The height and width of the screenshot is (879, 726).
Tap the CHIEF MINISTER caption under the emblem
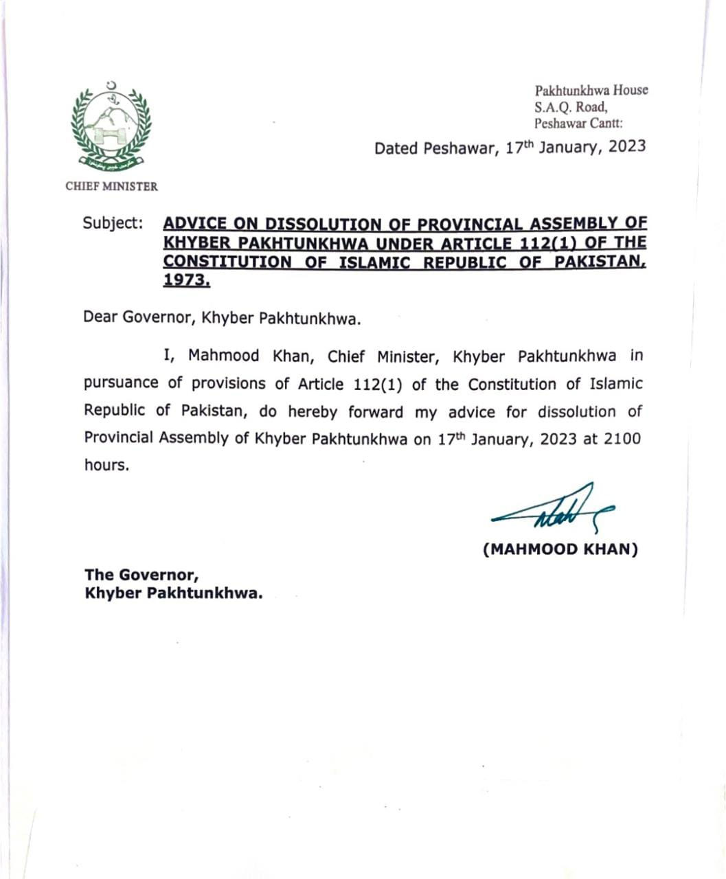click(111, 186)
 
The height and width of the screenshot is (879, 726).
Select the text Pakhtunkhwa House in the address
click(591, 91)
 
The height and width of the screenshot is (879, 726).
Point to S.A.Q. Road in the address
click(571, 107)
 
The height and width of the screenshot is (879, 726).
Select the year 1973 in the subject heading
click(186, 280)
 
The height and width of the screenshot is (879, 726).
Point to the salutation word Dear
click(100, 317)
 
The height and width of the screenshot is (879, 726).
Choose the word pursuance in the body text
click(121, 383)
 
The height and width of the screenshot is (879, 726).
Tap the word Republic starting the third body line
click(115, 411)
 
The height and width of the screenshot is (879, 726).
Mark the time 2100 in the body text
click(622, 438)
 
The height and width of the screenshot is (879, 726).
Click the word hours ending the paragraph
click(106, 465)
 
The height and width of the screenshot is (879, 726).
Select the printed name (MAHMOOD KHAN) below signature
click(560, 549)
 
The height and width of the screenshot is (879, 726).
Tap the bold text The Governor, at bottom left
click(141, 574)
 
